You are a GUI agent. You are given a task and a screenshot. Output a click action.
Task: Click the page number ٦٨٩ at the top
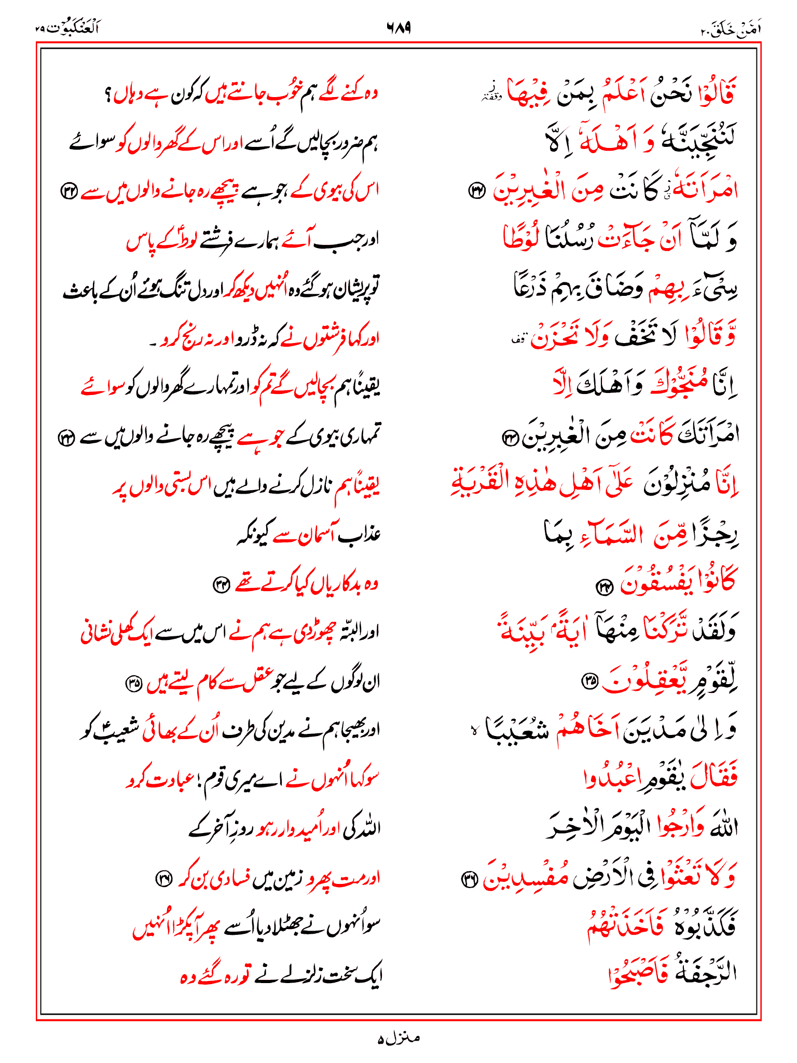pos(398,28)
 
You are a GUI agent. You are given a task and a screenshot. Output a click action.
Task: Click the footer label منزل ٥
pos(398,1039)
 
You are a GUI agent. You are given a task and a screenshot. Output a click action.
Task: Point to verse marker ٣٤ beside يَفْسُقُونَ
pos(603,587)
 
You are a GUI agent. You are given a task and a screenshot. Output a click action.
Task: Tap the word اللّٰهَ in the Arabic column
pos(723,827)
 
